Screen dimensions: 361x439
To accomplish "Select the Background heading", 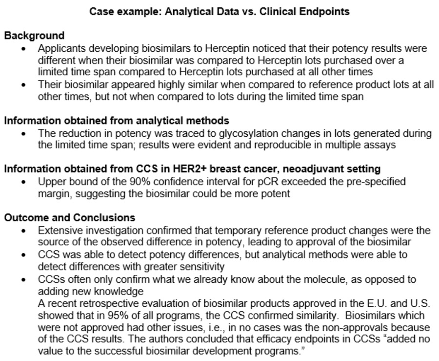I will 34,36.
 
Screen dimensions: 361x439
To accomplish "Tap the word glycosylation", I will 244,133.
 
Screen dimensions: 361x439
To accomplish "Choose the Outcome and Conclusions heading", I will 70,217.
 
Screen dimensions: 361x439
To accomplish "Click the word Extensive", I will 59,230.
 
